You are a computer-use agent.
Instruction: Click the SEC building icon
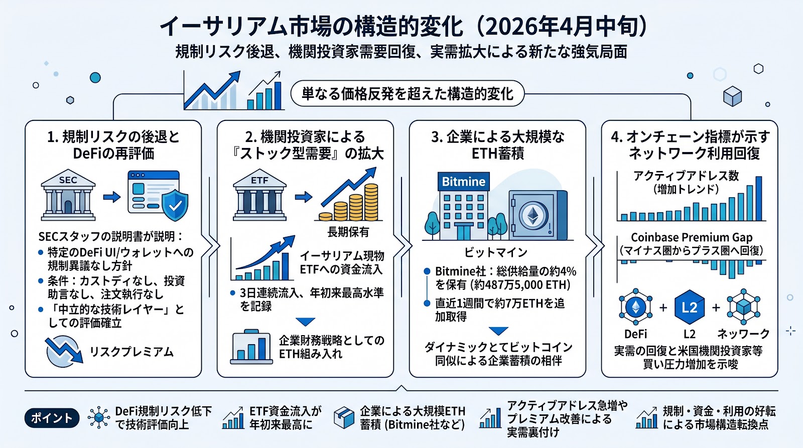(68, 196)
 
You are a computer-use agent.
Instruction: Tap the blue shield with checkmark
(175, 204)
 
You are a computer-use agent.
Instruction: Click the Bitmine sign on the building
(463, 182)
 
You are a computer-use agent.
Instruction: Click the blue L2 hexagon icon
(689, 307)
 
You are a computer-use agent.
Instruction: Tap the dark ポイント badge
(52, 418)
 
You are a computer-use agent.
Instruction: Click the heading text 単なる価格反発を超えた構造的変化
(407, 94)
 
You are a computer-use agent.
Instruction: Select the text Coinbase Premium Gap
(692, 237)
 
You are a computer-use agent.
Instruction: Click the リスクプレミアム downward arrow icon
(63, 351)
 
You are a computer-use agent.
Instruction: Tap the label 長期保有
(348, 232)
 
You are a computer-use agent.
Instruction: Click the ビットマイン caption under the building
(495, 252)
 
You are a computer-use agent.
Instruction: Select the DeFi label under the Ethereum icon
(635, 334)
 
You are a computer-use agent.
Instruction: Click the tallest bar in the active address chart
(758, 198)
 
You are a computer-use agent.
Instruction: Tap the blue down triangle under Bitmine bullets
(498, 331)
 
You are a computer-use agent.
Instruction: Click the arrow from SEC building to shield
(111, 197)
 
